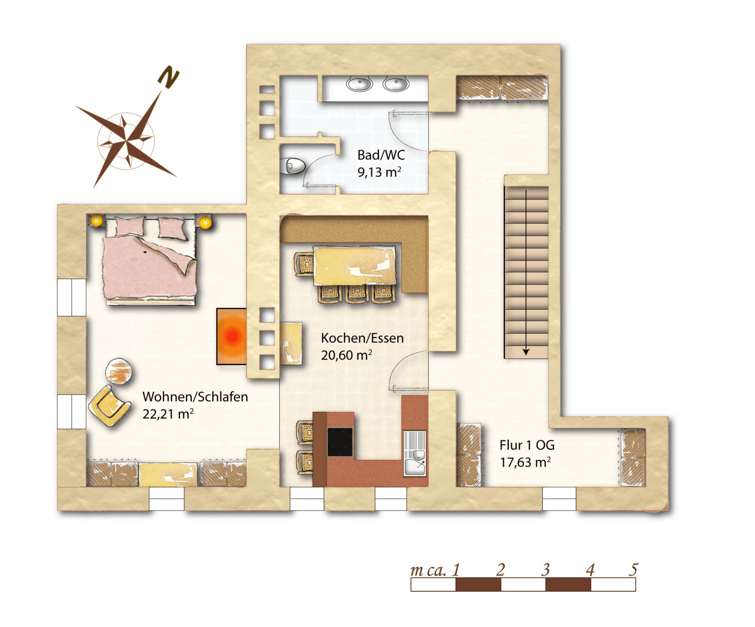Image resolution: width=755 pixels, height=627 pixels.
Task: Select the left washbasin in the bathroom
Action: click(359, 84)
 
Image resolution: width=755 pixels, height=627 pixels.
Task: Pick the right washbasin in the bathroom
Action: click(396, 84)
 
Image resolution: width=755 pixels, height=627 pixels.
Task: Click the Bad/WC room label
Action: click(381, 155)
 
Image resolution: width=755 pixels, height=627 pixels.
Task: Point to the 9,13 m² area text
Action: click(379, 172)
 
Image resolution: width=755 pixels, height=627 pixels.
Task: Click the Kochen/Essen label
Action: click(362, 338)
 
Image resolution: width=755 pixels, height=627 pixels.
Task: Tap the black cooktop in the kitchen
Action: click(340, 442)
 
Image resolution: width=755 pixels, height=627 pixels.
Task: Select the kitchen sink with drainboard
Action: click(414, 453)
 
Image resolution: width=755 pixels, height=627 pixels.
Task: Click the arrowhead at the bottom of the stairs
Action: click(526, 352)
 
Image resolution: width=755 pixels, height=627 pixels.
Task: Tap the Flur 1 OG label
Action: click(527, 445)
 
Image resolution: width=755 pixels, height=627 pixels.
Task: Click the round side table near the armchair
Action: click(118, 371)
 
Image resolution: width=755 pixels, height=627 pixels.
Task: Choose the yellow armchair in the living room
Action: click(109, 406)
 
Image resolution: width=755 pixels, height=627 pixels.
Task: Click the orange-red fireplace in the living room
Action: click(232, 336)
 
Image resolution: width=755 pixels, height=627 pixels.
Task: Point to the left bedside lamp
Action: click(96, 221)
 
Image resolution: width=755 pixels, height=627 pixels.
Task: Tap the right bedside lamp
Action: click(204, 223)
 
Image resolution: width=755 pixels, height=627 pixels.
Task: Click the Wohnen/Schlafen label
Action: click(195, 397)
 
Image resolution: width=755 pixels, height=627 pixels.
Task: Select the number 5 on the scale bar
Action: click(633, 569)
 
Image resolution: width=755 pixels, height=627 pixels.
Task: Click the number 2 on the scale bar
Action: click(500, 569)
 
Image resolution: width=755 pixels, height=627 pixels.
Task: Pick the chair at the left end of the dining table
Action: click(304, 265)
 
